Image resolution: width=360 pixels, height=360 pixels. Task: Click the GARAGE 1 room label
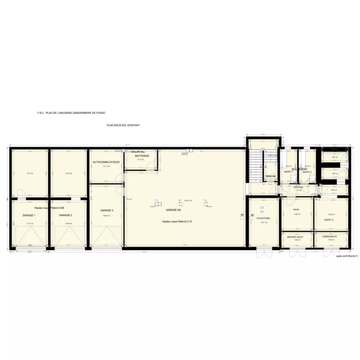(29, 216)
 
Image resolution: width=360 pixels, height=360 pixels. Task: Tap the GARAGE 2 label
(65, 216)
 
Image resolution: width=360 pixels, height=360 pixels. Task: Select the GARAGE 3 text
(107, 211)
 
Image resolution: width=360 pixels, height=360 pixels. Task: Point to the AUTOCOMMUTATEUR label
(106, 162)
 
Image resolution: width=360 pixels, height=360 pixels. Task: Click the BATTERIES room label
(142, 156)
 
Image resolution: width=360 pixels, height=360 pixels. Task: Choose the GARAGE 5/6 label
(173, 210)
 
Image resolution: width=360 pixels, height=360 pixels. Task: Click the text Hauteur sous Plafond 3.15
(177, 221)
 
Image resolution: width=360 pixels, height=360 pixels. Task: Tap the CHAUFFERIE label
(263, 218)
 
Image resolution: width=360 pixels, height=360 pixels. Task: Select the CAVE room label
(296, 209)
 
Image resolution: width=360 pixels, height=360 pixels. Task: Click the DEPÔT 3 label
(329, 219)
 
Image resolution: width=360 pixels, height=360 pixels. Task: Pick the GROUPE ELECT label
(295, 237)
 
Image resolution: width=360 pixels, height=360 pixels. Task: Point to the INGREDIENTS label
(329, 237)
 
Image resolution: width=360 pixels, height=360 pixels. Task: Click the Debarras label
(271, 176)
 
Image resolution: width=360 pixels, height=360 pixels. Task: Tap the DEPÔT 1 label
(288, 172)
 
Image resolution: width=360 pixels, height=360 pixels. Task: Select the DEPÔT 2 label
(307, 172)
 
